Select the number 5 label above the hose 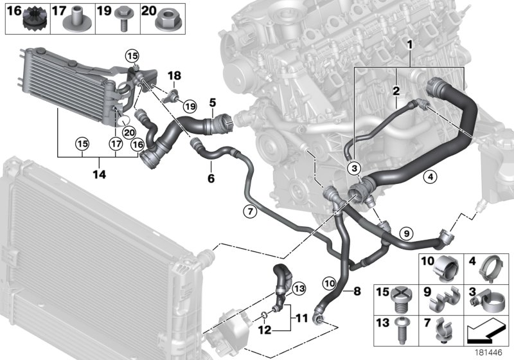[212, 102]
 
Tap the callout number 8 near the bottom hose [357, 290]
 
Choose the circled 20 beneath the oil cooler [128, 132]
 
